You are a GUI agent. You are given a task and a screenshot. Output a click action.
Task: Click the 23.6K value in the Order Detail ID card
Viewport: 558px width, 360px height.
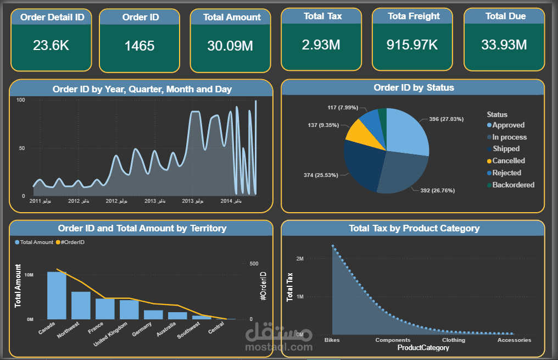pyautogui.click(x=51, y=45)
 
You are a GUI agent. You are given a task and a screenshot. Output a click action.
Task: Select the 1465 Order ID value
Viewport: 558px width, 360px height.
pyautogui.click(x=139, y=46)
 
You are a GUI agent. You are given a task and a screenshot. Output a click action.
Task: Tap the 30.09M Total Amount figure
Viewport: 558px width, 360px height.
pyautogui.click(x=230, y=46)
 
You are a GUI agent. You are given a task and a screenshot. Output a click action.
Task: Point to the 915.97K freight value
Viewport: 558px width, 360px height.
pyautogui.click(x=412, y=45)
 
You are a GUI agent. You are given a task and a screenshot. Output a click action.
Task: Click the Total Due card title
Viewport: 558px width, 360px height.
pyautogui.click(x=505, y=16)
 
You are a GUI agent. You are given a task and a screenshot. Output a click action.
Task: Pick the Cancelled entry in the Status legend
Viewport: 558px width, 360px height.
pyautogui.click(x=509, y=161)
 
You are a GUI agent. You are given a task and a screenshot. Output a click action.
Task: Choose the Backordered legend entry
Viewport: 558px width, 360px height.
pyautogui.click(x=513, y=185)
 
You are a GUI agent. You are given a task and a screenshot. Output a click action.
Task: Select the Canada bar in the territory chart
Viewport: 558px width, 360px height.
pyautogui.click(x=57, y=295)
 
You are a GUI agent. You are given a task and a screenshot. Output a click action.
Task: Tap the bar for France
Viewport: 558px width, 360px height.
pyautogui.click(x=105, y=308)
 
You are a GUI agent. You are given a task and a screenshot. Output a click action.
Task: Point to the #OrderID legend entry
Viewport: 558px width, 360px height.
pyautogui.click(x=73, y=242)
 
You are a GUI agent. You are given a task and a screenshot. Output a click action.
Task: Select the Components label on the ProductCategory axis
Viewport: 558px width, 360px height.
pyautogui.click(x=393, y=340)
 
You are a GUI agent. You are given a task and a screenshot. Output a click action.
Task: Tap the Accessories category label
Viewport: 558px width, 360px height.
pyautogui.click(x=514, y=340)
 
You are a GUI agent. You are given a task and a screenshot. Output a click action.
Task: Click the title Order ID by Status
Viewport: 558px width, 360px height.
pyautogui.click(x=414, y=87)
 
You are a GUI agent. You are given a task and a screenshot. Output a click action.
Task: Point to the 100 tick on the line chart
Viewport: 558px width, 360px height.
pyautogui.click(x=21, y=100)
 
